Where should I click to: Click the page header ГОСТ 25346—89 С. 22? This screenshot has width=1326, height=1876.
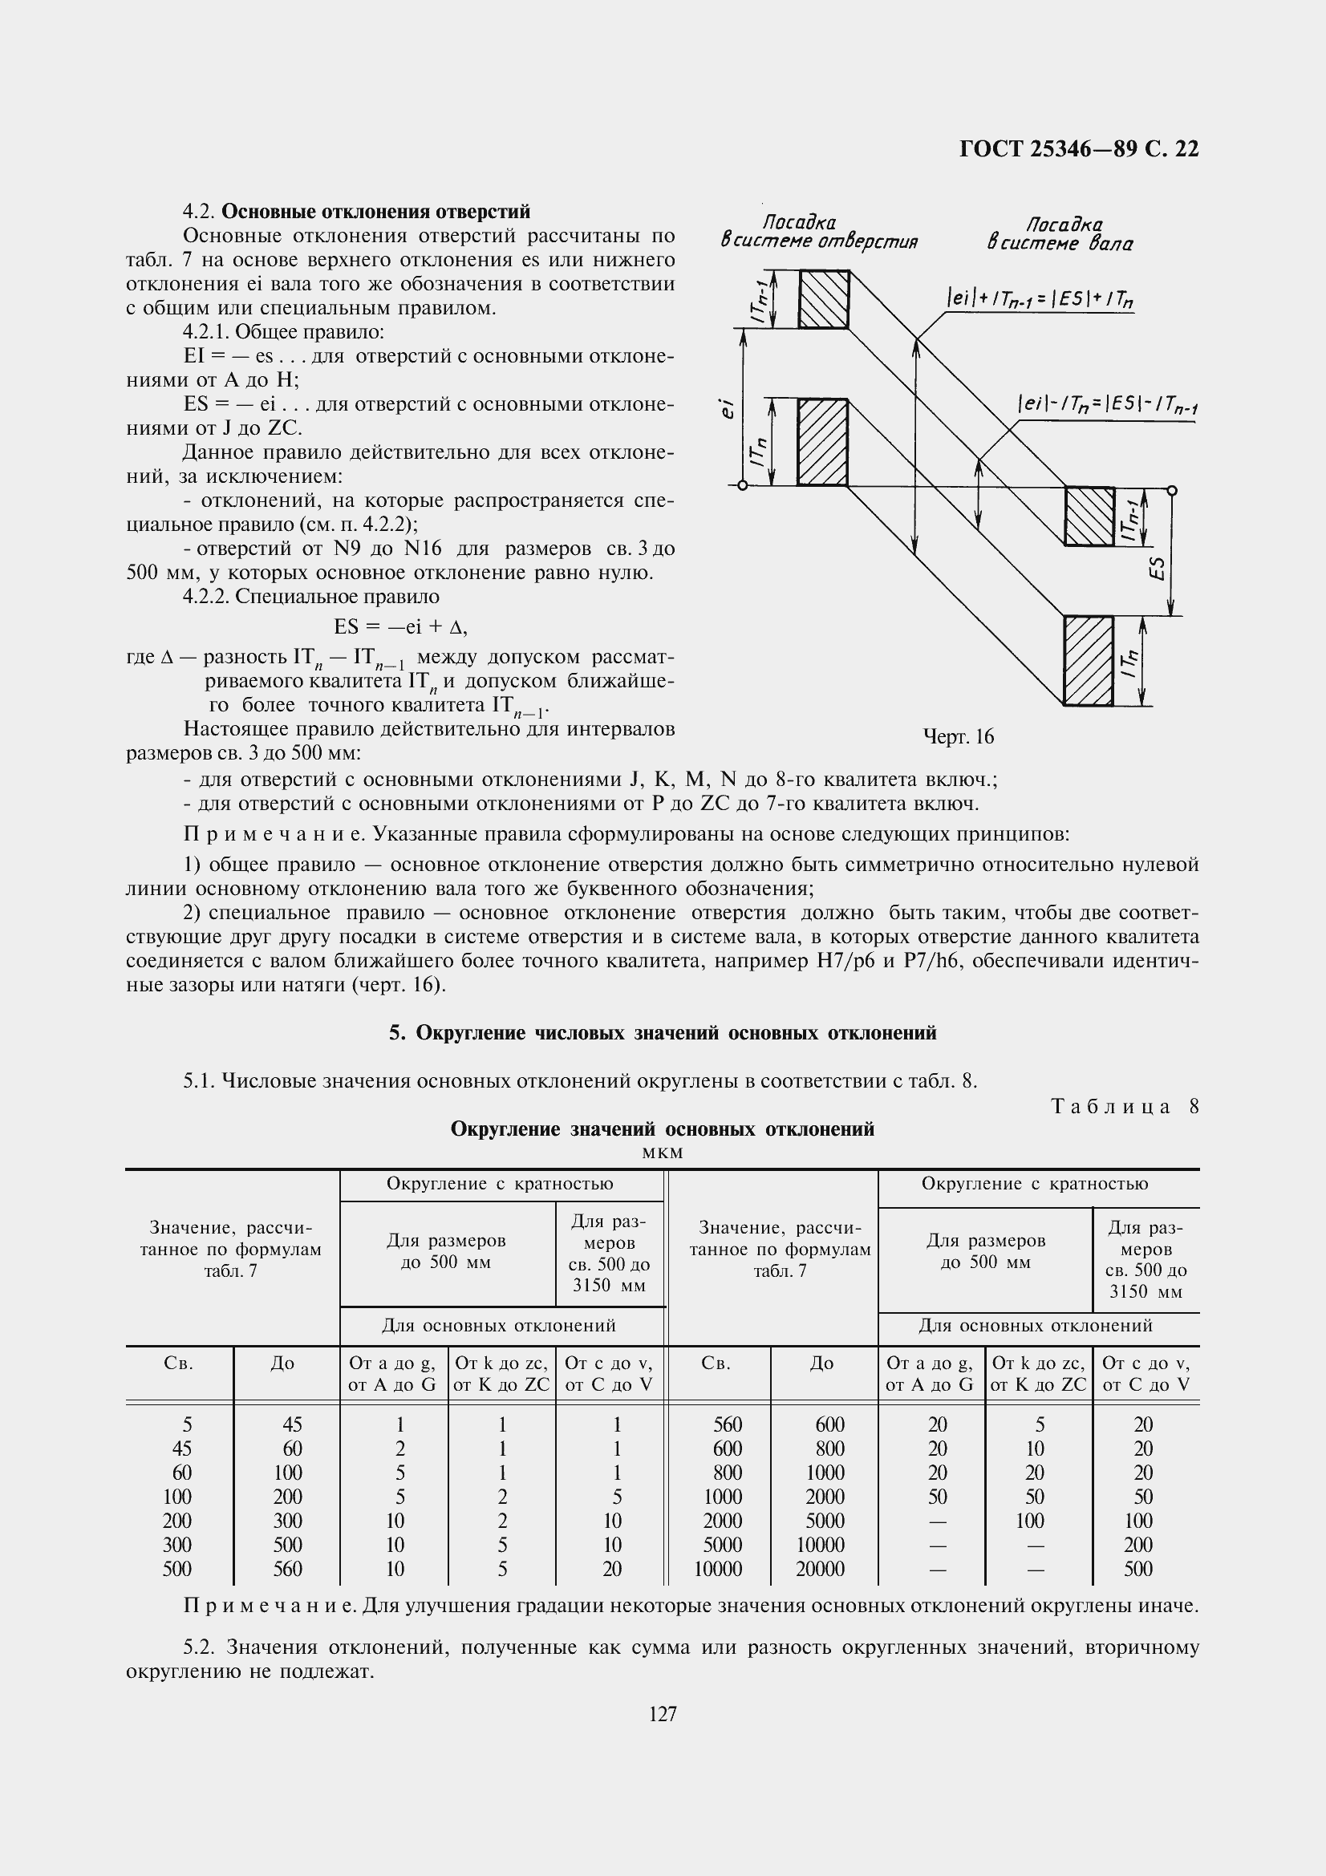1078,148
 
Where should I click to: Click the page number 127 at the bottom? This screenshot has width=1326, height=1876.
663,1713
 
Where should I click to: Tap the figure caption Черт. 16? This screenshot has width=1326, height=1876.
958,736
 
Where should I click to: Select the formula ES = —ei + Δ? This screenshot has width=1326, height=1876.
399,626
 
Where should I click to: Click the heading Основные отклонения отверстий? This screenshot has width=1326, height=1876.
376,212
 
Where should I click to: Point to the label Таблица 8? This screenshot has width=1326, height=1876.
1124,1106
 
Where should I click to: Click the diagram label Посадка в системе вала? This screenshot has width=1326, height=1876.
1060,233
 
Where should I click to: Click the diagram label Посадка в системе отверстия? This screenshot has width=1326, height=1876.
819,232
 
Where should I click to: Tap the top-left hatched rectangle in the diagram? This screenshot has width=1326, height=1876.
824,299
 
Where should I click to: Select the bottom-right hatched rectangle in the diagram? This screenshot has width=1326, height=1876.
1089,660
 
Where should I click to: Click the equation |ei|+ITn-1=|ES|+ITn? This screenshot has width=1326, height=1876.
1040,301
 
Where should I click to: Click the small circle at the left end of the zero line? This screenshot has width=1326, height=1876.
742,486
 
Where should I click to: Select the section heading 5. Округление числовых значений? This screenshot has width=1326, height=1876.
663,1033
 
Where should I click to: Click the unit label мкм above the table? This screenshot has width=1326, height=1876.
663,1153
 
